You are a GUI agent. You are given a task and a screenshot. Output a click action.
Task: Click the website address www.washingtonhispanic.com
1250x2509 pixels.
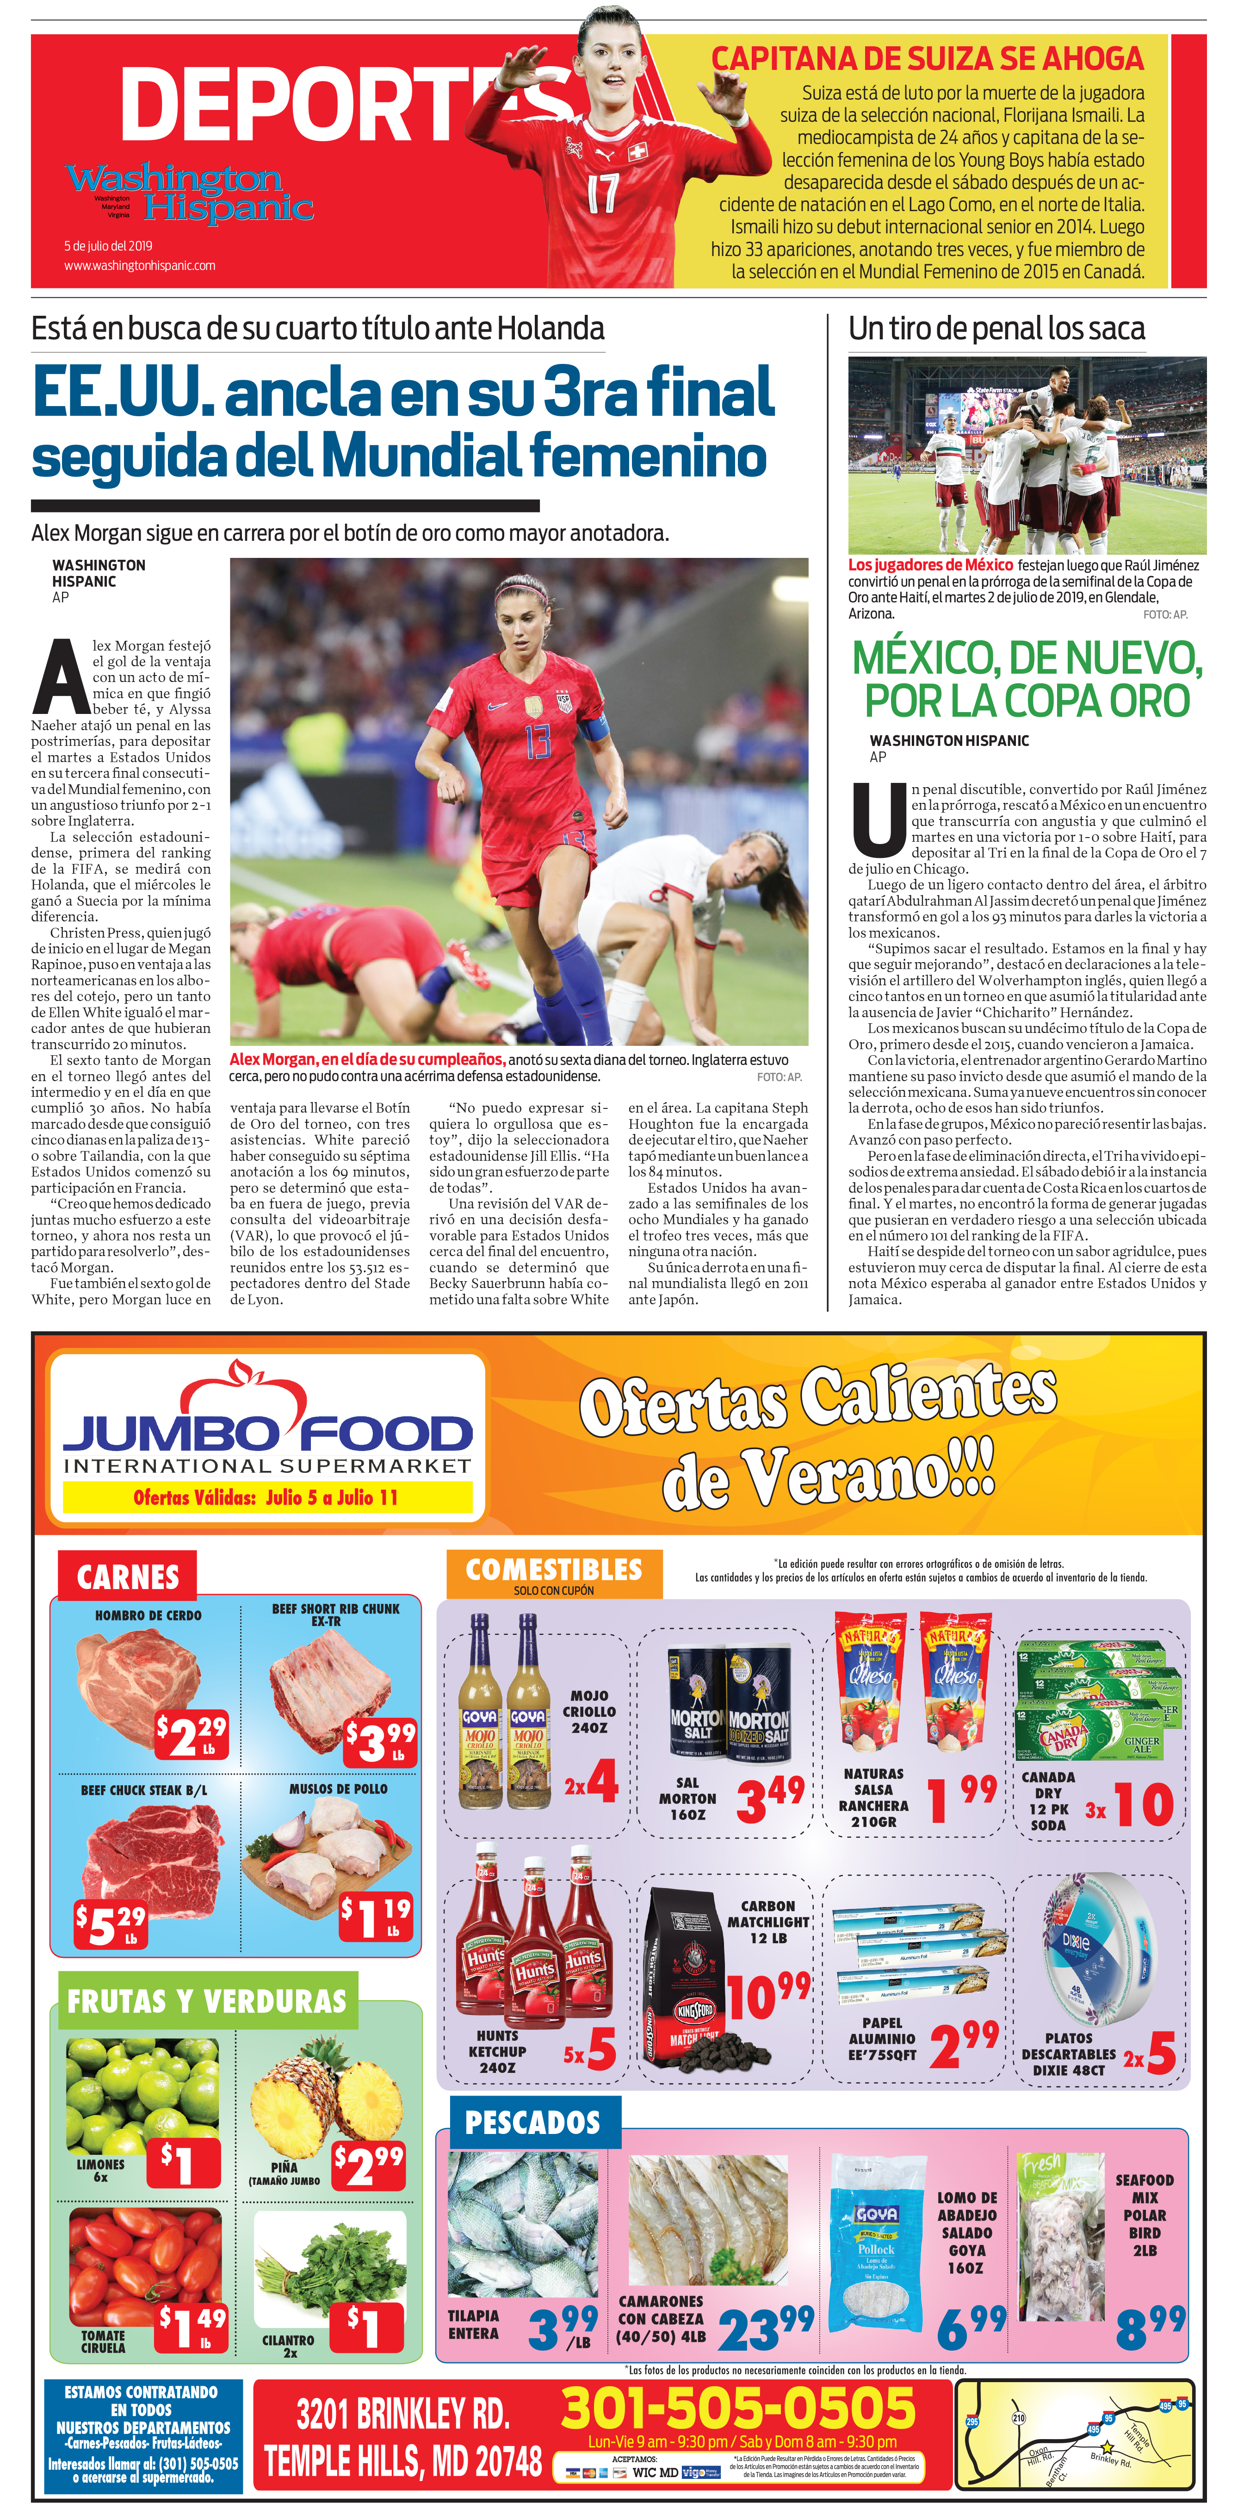(139, 265)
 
